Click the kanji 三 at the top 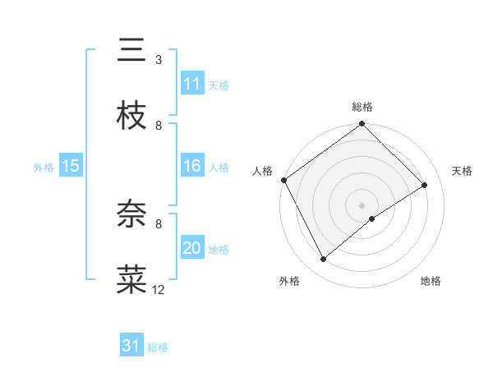click(132, 50)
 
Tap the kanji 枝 click(132, 116)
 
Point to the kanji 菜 click(132, 280)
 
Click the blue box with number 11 click(192, 84)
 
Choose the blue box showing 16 click(192, 167)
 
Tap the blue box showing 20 click(192, 248)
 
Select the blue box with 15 click(71, 166)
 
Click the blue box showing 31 click(131, 347)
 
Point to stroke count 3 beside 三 click(159, 60)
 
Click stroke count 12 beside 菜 click(159, 289)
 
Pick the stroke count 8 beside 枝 click(159, 126)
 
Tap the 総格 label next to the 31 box click(158, 347)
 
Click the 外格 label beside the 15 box click(44, 167)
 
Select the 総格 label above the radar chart click(362, 107)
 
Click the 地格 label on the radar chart click(431, 281)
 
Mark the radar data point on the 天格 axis click(425, 185)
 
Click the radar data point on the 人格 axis click(283, 180)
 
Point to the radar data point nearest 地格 click(372, 218)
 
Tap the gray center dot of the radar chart click(362, 204)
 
